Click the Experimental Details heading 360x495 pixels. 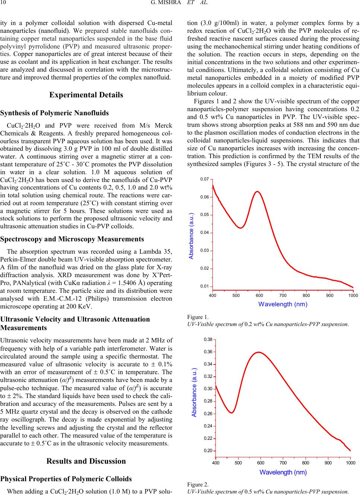click(86, 95)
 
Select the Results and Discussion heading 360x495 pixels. click(86, 461)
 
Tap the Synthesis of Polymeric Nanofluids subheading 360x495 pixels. click(55, 113)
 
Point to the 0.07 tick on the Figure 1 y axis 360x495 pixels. click(204, 179)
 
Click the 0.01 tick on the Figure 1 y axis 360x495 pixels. click(204, 286)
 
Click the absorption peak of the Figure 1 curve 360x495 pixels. click(257, 191)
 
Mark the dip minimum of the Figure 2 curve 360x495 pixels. click(231, 413)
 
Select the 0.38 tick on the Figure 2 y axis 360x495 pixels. click(208, 339)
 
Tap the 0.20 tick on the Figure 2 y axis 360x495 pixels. click(208, 451)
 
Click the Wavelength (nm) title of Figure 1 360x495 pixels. click(283, 304)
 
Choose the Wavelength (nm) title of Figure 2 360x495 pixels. click(283, 472)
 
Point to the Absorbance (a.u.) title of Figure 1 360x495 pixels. click(191, 236)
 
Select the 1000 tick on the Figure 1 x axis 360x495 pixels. click(353, 295)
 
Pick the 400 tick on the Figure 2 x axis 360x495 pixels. click(216, 463)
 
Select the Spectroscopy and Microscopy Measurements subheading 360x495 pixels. click(72, 239)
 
